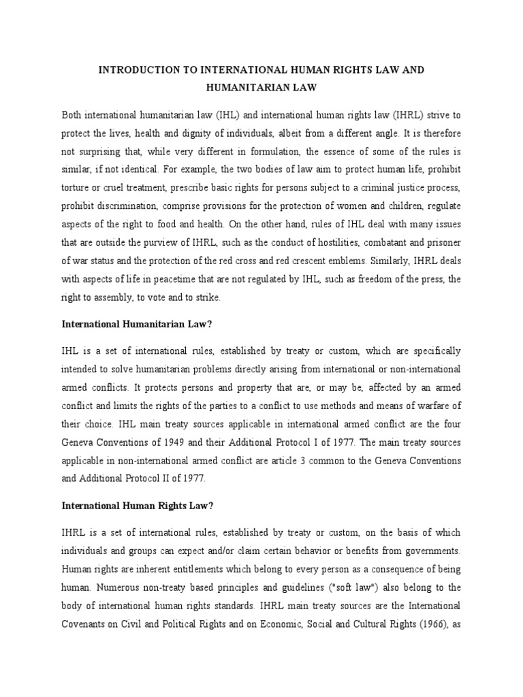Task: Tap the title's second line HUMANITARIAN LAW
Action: coord(261,88)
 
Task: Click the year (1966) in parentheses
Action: coord(434,622)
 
